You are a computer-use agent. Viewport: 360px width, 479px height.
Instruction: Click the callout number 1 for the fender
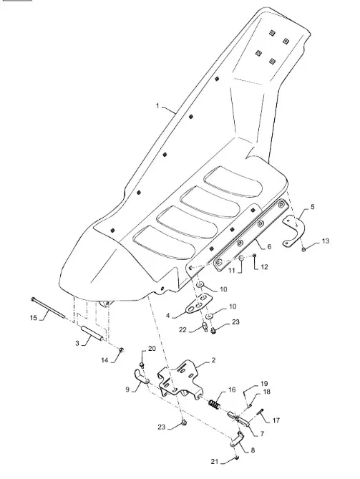(157, 106)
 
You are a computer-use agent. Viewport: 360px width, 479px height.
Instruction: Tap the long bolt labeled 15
(48, 308)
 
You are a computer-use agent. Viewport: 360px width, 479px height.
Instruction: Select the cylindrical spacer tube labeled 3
(92, 334)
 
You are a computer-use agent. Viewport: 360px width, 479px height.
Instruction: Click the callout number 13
(326, 241)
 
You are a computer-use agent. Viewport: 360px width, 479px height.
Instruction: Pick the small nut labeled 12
(254, 255)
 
